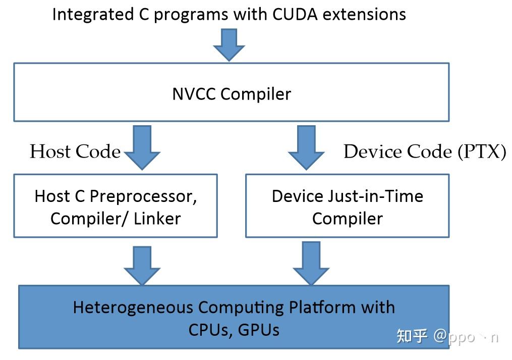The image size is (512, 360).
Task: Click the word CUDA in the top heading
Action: pos(295,14)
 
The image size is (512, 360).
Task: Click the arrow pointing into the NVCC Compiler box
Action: pos(229,45)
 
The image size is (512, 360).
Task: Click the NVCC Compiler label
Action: pos(232,94)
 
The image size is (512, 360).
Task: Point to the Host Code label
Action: pos(76,151)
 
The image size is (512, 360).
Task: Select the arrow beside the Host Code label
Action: pos(142,147)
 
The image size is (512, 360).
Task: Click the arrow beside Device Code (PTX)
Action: pos(306,147)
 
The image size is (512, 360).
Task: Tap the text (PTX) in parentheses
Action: pos(482,151)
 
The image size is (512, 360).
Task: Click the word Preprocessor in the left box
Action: pos(143,197)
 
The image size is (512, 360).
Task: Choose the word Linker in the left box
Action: pos(157,219)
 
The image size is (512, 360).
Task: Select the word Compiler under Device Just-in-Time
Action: pos(348,219)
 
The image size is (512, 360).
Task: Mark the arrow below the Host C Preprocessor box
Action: pos(142,266)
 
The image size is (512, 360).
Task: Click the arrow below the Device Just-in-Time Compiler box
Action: pos(311,263)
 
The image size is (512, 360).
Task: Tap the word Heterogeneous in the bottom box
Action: pos(133,307)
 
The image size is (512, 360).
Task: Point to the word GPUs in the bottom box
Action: pos(259,330)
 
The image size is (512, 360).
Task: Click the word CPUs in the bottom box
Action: pos(210,330)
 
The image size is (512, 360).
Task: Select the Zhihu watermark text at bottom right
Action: pos(447,336)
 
